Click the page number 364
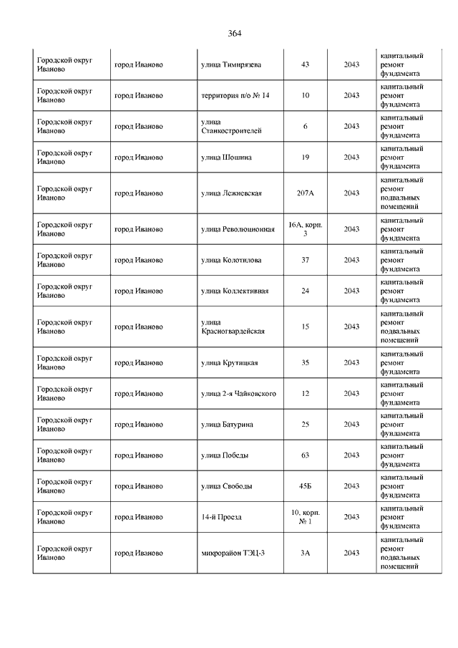pyautogui.click(x=235, y=34)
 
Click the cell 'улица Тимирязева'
pyautogui.click(x=231, y=64)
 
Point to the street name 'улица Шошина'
pyautogui.click(x=226, y=157)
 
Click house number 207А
pyautogui.click(x=306, y=193)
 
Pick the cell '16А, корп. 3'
pyautogui.click(x=306, y=229)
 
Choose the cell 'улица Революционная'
pyautogui.click(x=238, y=229)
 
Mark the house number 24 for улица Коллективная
pyautogui.click(x=306, y=291)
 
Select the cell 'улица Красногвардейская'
pyautogui.click(x=233, y=327)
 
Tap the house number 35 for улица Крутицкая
pyautogui.click(x=306, y=362)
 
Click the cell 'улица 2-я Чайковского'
pyautogui.click(x=239, y=393)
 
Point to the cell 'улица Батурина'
pyautogui.click(x=227, y=424)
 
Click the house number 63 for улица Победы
pyautogui.click(x=306, y=455)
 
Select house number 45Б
pyautogui.click(x=306, y=485)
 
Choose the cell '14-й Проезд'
pyautogui.click(x=222, y=516)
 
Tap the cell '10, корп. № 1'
pyautogui.click(x=306, y=516)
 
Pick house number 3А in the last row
pyautogui.click(x=306, y=552)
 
